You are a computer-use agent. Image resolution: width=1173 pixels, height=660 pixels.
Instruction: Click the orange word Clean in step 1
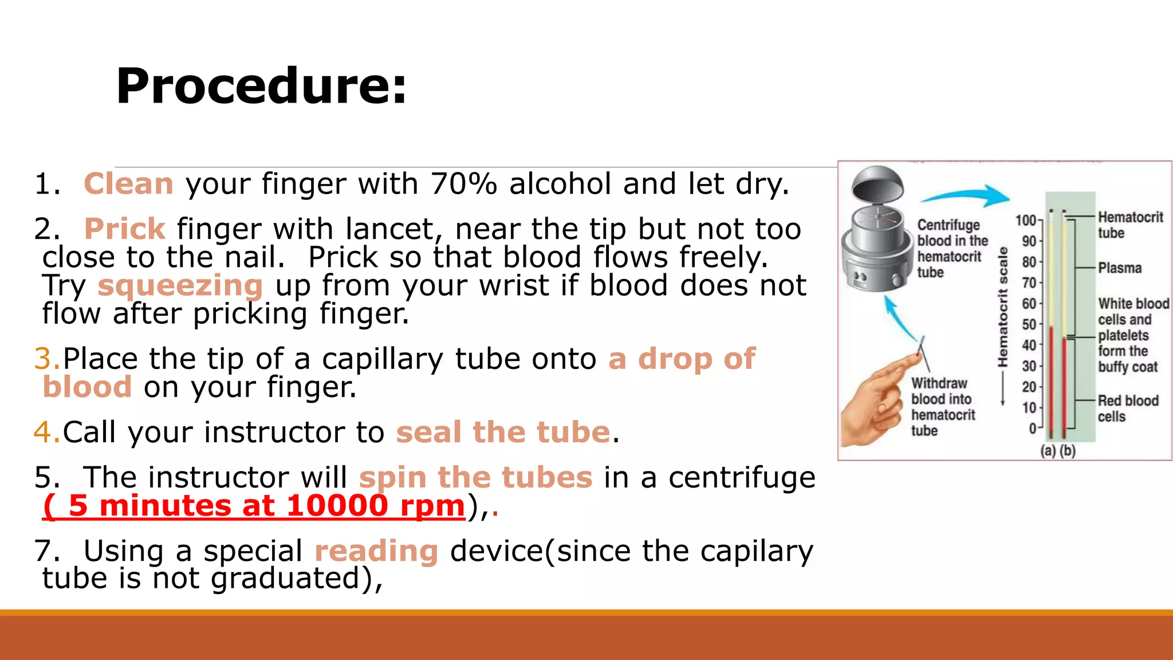click(128, 184)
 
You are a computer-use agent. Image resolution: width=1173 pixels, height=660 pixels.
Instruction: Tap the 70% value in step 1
click(463, 184)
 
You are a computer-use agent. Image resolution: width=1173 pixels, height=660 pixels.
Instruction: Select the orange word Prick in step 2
click(125, 229)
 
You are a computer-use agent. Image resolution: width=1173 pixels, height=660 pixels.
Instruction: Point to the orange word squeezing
click(180, 285)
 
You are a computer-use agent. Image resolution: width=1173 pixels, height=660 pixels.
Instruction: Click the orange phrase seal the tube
click(503, 432)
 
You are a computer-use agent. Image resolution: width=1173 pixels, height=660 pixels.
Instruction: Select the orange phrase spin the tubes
click(475, 477)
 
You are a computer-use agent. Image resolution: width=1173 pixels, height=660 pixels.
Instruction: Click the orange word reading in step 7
click(376, 551)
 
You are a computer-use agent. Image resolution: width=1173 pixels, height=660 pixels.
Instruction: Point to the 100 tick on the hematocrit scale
click(1026, 221)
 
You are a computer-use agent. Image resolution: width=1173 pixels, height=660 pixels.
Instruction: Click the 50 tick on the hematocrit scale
click(1029, 325)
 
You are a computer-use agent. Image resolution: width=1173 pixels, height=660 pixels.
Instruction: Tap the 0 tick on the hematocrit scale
click(1033, 429)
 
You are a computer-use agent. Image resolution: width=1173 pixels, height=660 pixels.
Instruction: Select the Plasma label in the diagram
click(1120, 268)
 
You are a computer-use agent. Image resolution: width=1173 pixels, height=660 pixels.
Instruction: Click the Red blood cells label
click(1127, 408)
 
